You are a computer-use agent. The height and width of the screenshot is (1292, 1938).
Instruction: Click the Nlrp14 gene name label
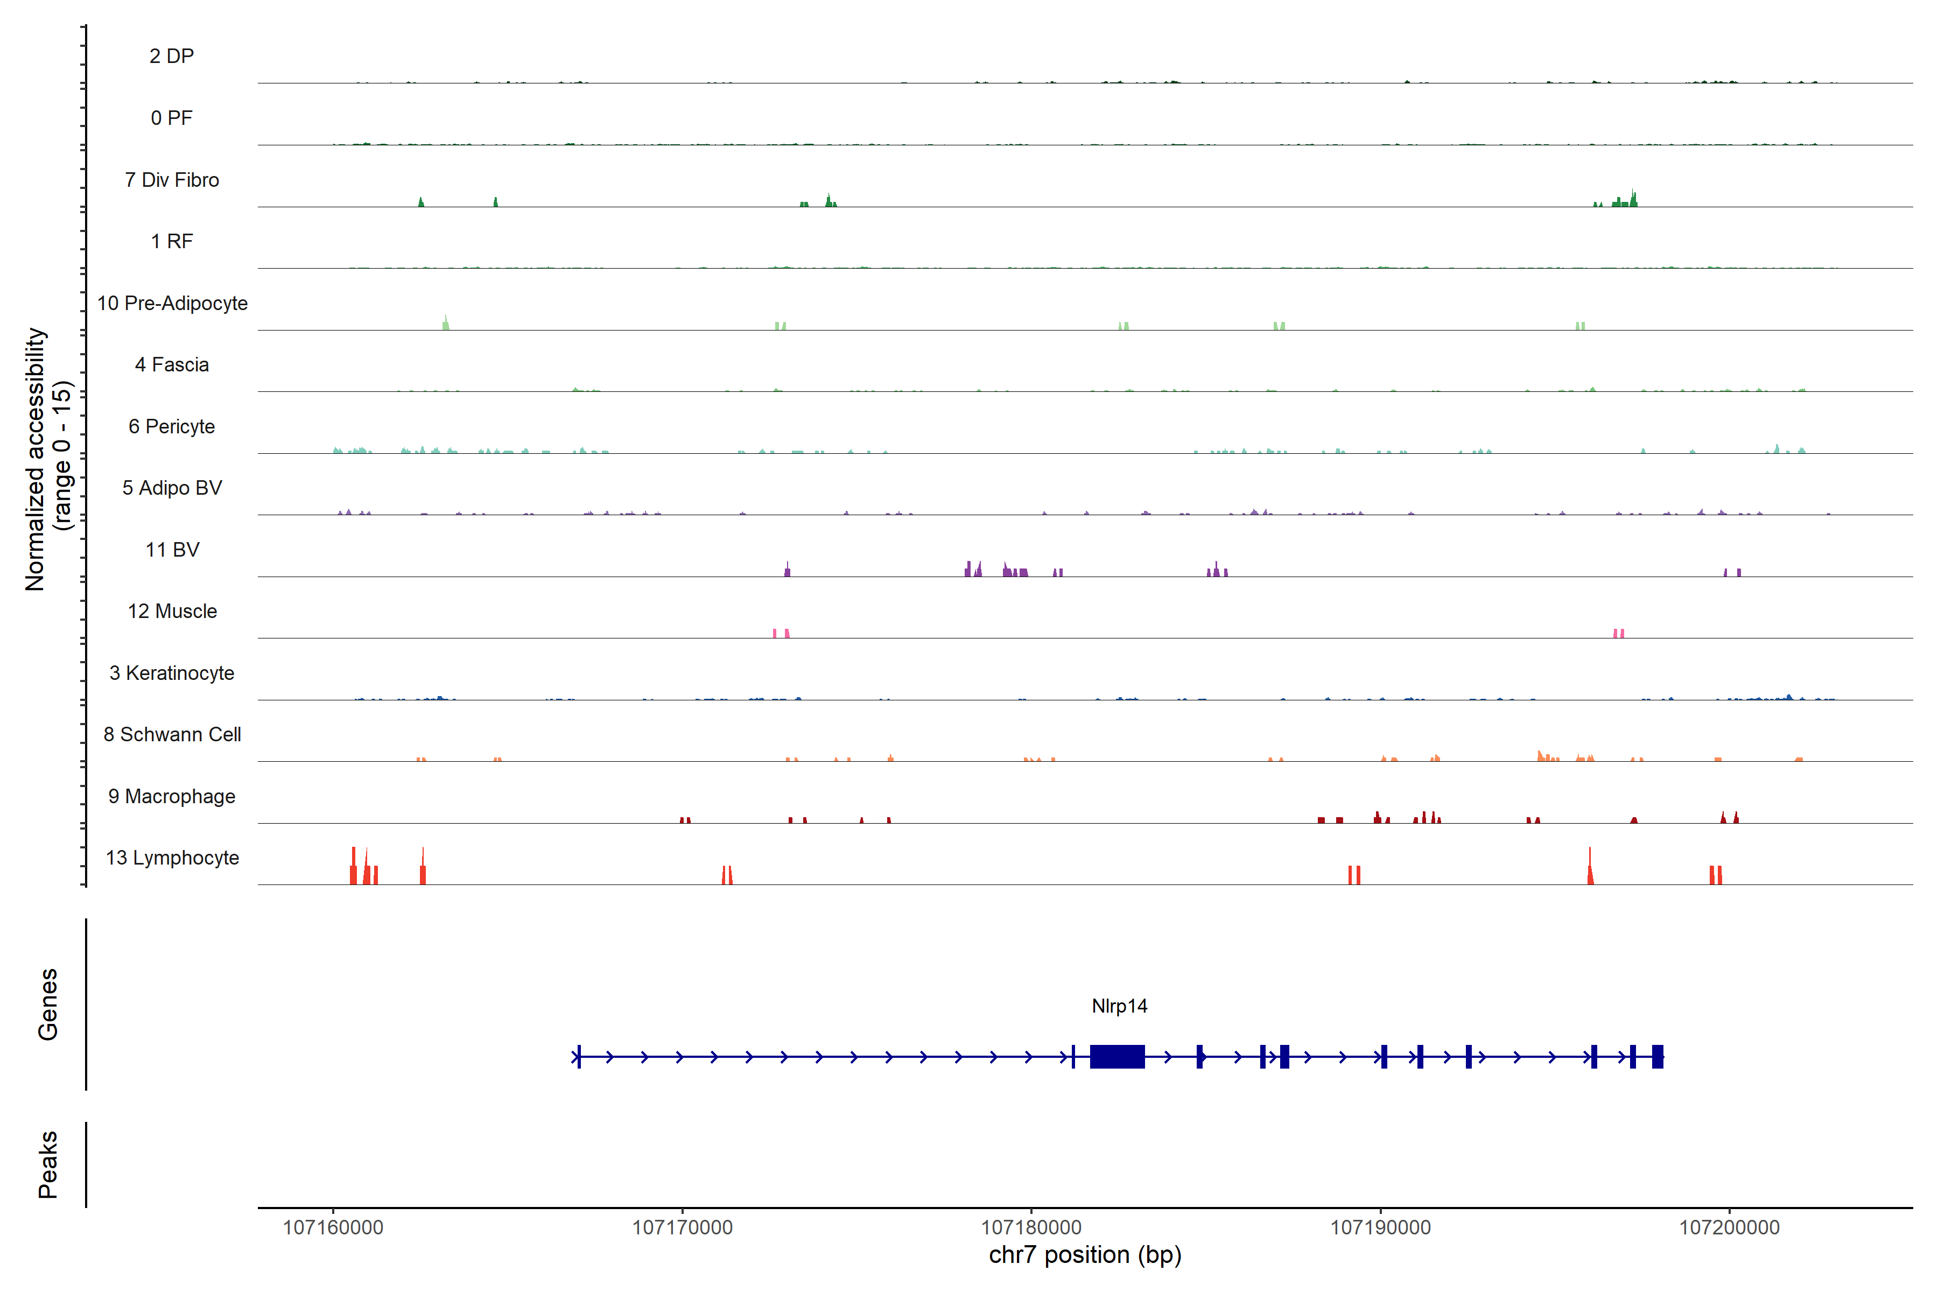click(1119, 1006)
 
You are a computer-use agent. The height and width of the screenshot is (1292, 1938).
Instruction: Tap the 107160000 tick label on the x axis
click(333, 1228)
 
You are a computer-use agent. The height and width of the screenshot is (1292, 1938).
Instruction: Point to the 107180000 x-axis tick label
click(1031, 1228)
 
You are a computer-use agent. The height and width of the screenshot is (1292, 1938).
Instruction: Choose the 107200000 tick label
click(1729, 1228)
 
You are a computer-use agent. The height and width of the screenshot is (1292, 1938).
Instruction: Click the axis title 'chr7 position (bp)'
click(1084, 1255)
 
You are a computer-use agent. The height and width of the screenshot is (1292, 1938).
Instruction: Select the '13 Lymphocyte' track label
click(172, 858)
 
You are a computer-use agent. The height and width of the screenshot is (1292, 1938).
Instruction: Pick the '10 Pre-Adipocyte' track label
click(172, 303)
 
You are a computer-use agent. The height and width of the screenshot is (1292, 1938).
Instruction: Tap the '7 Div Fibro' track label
click(172, 180)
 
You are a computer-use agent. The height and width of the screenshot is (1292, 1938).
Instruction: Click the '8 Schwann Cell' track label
click(172, 734)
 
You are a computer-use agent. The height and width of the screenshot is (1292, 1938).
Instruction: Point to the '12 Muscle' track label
click(172, 612)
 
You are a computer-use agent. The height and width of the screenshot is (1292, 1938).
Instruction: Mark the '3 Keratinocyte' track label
click(172, 673)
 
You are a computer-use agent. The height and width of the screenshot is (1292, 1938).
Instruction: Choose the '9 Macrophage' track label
click(172, 796)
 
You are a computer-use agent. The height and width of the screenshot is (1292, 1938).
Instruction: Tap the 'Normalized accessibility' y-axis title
click(36, 459)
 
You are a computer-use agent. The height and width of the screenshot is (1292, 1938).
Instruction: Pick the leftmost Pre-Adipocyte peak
click(446, 323)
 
